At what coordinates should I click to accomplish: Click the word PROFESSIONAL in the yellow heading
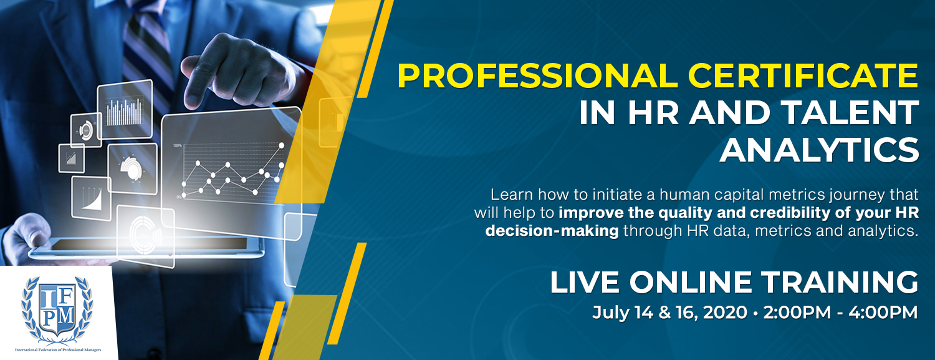[537, 75]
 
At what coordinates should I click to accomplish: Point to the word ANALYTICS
[820, 150]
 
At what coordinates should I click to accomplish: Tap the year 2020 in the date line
[725, 313]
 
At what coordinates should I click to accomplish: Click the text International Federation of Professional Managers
[58, 349]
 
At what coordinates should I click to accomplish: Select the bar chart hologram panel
[125, 109]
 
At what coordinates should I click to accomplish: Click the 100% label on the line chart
[178, 146]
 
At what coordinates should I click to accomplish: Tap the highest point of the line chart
[281, 145]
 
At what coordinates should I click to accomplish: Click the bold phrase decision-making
[552, 230]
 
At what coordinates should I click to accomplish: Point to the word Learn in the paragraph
[512, 195]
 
